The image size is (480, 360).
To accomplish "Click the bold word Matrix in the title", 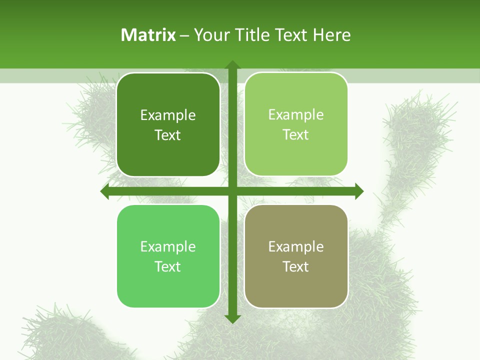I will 148,35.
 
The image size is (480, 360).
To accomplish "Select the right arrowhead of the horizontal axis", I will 359,191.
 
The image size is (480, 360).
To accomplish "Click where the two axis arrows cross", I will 232,191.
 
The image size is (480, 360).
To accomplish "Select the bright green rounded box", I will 168,285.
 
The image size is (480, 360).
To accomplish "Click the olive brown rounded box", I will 296,285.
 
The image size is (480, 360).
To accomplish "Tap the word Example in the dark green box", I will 168,115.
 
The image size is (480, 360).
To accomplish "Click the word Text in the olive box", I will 296,266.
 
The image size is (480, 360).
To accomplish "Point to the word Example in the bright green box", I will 168,246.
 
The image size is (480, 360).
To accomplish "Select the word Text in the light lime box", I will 296,134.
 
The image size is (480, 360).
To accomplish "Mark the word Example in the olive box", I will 296,246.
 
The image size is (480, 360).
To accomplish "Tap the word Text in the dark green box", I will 168,135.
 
